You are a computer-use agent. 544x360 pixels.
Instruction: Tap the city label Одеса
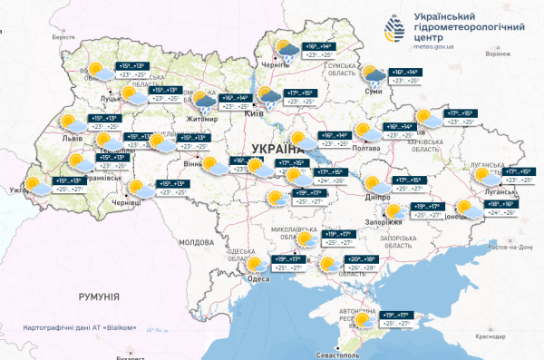click(258, 279)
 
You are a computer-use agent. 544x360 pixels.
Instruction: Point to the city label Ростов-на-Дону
click(511, 248)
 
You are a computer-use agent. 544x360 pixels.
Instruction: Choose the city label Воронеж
click(499, 54)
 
